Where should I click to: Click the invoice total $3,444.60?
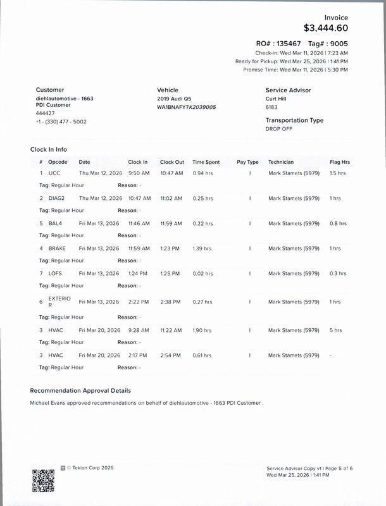coord(325,28)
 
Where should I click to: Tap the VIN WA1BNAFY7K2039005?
coord(186,108)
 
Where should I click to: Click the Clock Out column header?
coord(172,162)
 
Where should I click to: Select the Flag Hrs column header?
coord(340,162)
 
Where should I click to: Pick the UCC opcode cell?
coord(54,173)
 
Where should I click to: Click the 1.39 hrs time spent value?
coord(202,249)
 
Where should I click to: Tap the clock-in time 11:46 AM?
coord(139,223)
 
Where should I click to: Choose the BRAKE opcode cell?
coord(57,249)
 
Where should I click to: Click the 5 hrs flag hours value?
coord(336,330)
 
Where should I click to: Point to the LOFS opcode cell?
coord(55,274)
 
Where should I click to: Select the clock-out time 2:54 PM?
coord(171,355)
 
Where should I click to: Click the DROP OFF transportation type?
coord(278,128)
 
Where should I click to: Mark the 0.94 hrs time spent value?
coord(202,173)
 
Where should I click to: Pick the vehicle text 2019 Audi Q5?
coord(174,99)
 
